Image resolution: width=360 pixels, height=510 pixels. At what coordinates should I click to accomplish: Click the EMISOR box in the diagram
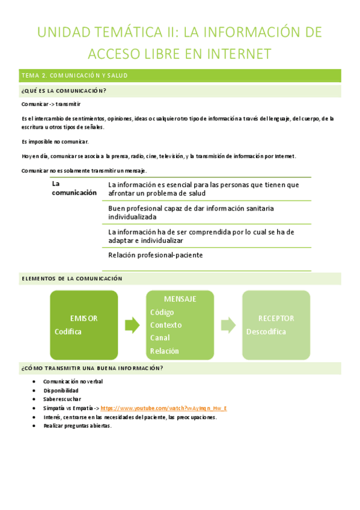point(84,325)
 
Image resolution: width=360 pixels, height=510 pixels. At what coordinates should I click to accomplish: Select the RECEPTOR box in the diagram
point(276,325)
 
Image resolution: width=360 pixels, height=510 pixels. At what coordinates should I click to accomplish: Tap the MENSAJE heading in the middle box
point(180,299)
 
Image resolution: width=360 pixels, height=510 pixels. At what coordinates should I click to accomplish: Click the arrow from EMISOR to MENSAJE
point(132,325)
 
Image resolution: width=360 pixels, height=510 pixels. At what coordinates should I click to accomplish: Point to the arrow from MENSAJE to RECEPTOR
point(228,325)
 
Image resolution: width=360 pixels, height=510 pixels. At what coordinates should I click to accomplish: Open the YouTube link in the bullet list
point(163,408)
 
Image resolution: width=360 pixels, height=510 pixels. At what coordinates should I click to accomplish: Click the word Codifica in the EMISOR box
point(68,332)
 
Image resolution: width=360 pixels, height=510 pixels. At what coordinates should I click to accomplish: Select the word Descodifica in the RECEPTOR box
point(266,332)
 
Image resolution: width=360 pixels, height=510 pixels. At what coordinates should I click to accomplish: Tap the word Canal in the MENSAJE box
point(160,338)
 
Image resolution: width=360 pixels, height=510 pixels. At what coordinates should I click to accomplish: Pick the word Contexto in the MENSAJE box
point(166,325)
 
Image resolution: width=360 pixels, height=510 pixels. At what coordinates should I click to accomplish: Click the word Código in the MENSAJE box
point(162,312)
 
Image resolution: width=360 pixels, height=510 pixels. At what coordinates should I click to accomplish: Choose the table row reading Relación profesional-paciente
point(156,255)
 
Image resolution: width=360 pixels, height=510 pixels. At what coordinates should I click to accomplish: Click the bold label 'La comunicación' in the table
point(74,189)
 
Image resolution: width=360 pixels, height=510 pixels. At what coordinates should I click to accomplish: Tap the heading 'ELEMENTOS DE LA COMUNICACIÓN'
point(72,278)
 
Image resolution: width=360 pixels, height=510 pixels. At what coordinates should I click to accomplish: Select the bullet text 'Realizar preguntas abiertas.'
point(78,426)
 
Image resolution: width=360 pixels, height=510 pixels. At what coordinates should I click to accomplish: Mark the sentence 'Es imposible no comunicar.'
point(55,141)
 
